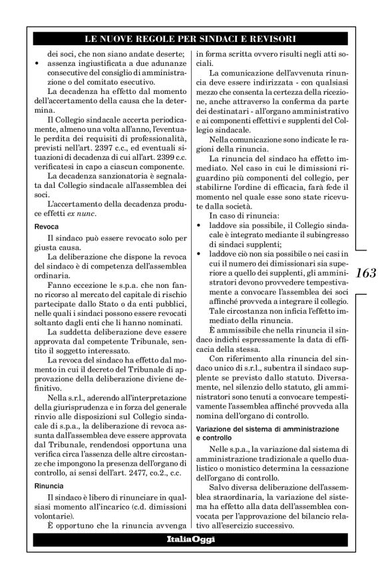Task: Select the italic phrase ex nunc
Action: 91,213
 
